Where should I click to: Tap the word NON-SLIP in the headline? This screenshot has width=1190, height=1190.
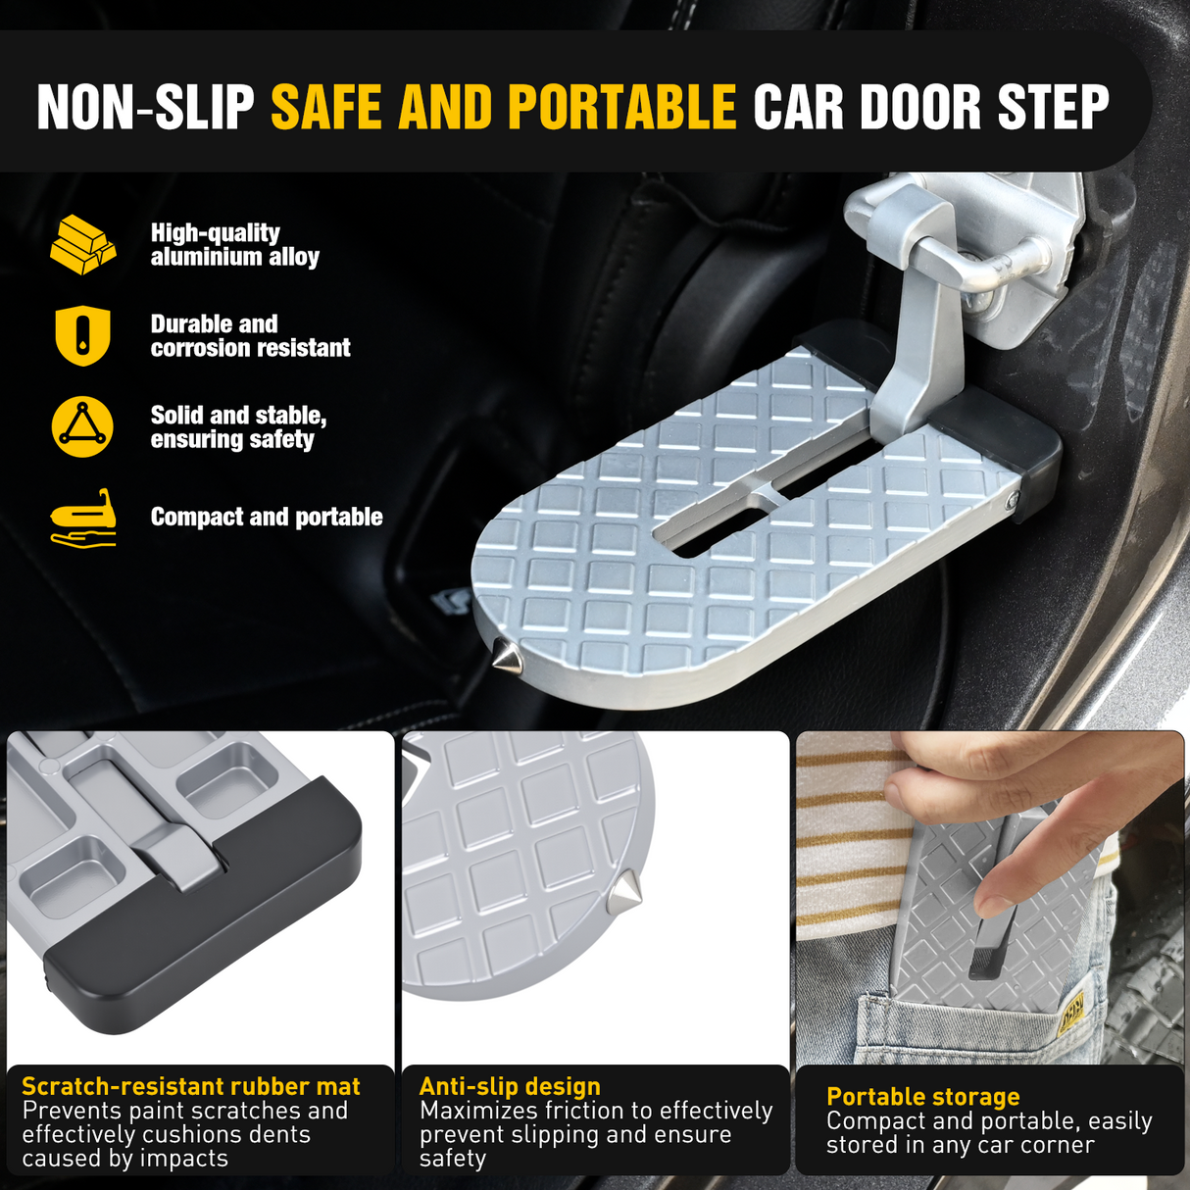(145, 107)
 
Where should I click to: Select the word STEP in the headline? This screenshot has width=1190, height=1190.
(1054, 107)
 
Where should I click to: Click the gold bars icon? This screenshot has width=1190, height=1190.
(83, 244)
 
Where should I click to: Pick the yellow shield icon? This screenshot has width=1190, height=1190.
(82, 335)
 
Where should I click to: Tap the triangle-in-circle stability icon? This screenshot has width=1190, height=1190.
(82, 427)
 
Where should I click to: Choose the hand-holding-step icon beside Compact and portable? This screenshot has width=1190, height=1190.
(83, 518)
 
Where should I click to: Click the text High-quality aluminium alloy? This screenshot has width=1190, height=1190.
(234, 244)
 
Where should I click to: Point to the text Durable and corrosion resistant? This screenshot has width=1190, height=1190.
(250, 335)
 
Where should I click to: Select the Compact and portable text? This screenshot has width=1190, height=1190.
(267, 517)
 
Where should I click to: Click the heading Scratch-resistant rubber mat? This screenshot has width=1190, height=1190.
(191, 1086)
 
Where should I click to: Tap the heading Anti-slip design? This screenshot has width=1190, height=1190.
(510, 1086)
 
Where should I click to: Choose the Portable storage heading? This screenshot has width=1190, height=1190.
(922, 1096)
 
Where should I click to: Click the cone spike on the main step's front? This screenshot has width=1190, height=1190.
(507, 658)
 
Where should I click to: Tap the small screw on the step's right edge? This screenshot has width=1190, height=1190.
(1012, 504)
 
